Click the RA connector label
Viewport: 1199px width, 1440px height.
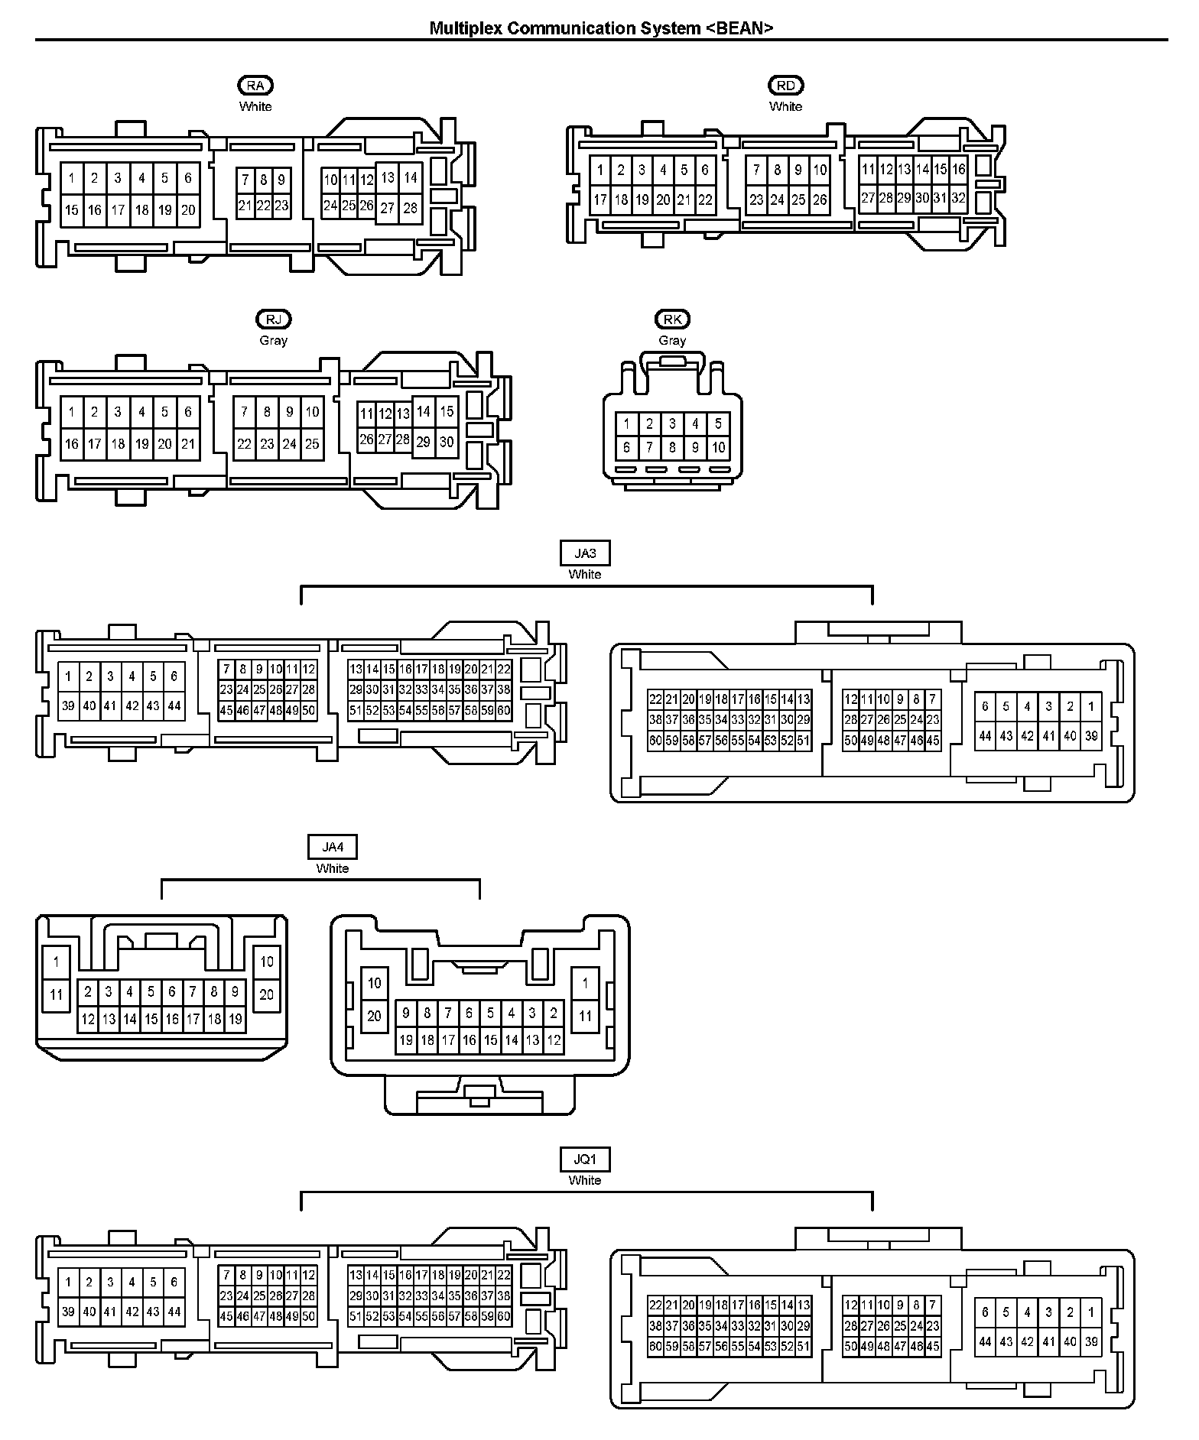click(255, 86)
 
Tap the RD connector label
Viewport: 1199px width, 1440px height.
click(785, 86)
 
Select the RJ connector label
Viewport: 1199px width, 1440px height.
click(273, 319)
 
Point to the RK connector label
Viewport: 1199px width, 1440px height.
click(672, 319)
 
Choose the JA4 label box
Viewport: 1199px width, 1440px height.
click(332, 848)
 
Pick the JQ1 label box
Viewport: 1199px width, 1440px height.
click(585, 1159)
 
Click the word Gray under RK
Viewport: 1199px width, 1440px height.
click(672, 340)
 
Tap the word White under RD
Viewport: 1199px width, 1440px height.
click(785, 106)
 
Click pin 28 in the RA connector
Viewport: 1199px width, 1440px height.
click(411, 208)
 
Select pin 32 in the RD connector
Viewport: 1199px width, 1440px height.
click(958, 198)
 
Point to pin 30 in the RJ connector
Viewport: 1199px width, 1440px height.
click(447, 442)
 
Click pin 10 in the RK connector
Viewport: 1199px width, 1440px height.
click(718, 448)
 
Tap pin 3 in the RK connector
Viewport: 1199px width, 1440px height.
click(672, 423)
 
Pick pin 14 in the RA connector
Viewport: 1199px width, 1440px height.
click(411, 177)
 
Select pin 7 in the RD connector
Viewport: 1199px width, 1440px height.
click(756, 170)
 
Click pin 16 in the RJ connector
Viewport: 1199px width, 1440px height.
click(72, 443)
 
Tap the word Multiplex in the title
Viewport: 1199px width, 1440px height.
click(464, 28)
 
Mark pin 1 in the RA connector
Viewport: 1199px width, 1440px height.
click(72, 178)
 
